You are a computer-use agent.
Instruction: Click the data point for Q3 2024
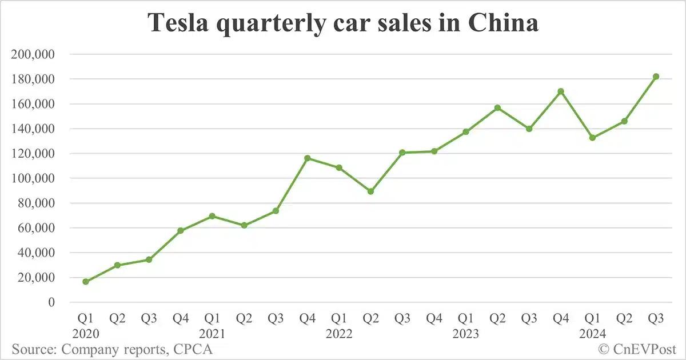click(x=656, y=77)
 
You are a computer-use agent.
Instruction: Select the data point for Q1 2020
click(x=86, y=281)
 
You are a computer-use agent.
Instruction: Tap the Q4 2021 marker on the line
click(x=308, y=158)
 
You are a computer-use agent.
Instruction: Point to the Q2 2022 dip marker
click(x=371, y=191)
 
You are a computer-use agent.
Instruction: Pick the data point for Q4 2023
click(x=561, y=91)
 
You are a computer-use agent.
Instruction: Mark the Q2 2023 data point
click(x=497, y=107)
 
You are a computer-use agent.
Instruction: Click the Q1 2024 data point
click(x=592, y=138)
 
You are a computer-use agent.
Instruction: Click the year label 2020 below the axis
click(x=86, y=334)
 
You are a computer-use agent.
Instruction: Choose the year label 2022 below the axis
click(x=339, y=334)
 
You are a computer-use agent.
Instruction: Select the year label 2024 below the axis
click(x=592, y=334)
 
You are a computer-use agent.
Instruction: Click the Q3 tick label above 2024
click(x=656, y=317)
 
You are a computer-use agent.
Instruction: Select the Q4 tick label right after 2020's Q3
click(x=181, y=317)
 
